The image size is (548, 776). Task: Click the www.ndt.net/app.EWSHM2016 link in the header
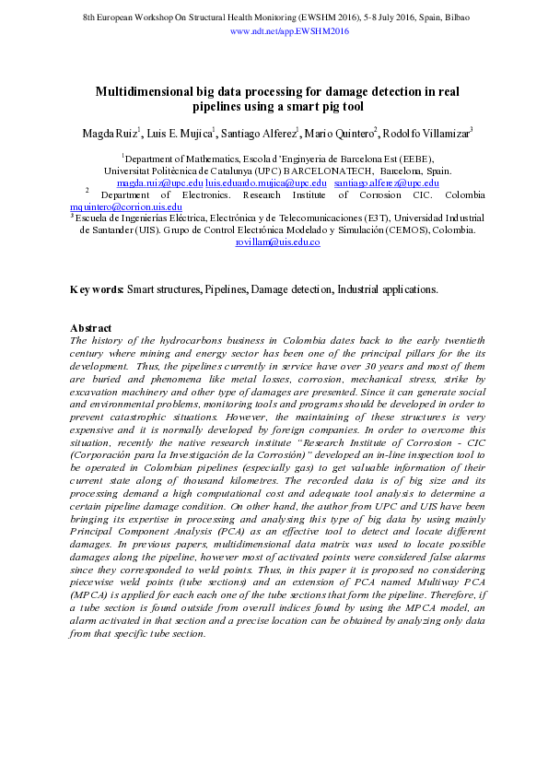pyautogui.click(x=289, y=30)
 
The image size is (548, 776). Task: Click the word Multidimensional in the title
pyautogui.click(x=143, y=91)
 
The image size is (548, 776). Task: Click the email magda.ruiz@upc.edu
pyautogui.click(x=159, y=183)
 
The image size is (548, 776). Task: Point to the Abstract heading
pyautogui.click(x=91, y=328)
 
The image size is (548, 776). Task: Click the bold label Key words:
pyautogui.click(x=97, y=289)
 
